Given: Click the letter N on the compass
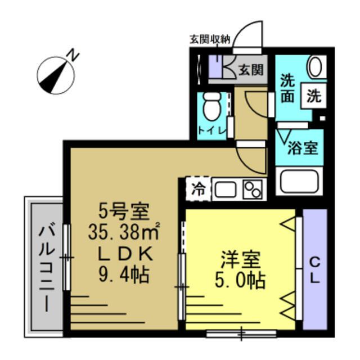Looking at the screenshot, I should pyautogui.click(x=73, y=55).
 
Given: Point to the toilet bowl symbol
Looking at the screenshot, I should pyautogui.click(x=212, y=107).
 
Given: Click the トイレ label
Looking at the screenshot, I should pyautogui.click(x=212, y=131).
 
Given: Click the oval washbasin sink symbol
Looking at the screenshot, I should pyautogui.click(x=316, y=67).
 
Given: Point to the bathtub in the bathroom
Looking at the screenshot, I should pyautogui.click(x=300, y=183).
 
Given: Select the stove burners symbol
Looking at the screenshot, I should pyautogui.click(x=253, y=188).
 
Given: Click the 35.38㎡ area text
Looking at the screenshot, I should pyautogui.click(x=124, y=231).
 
